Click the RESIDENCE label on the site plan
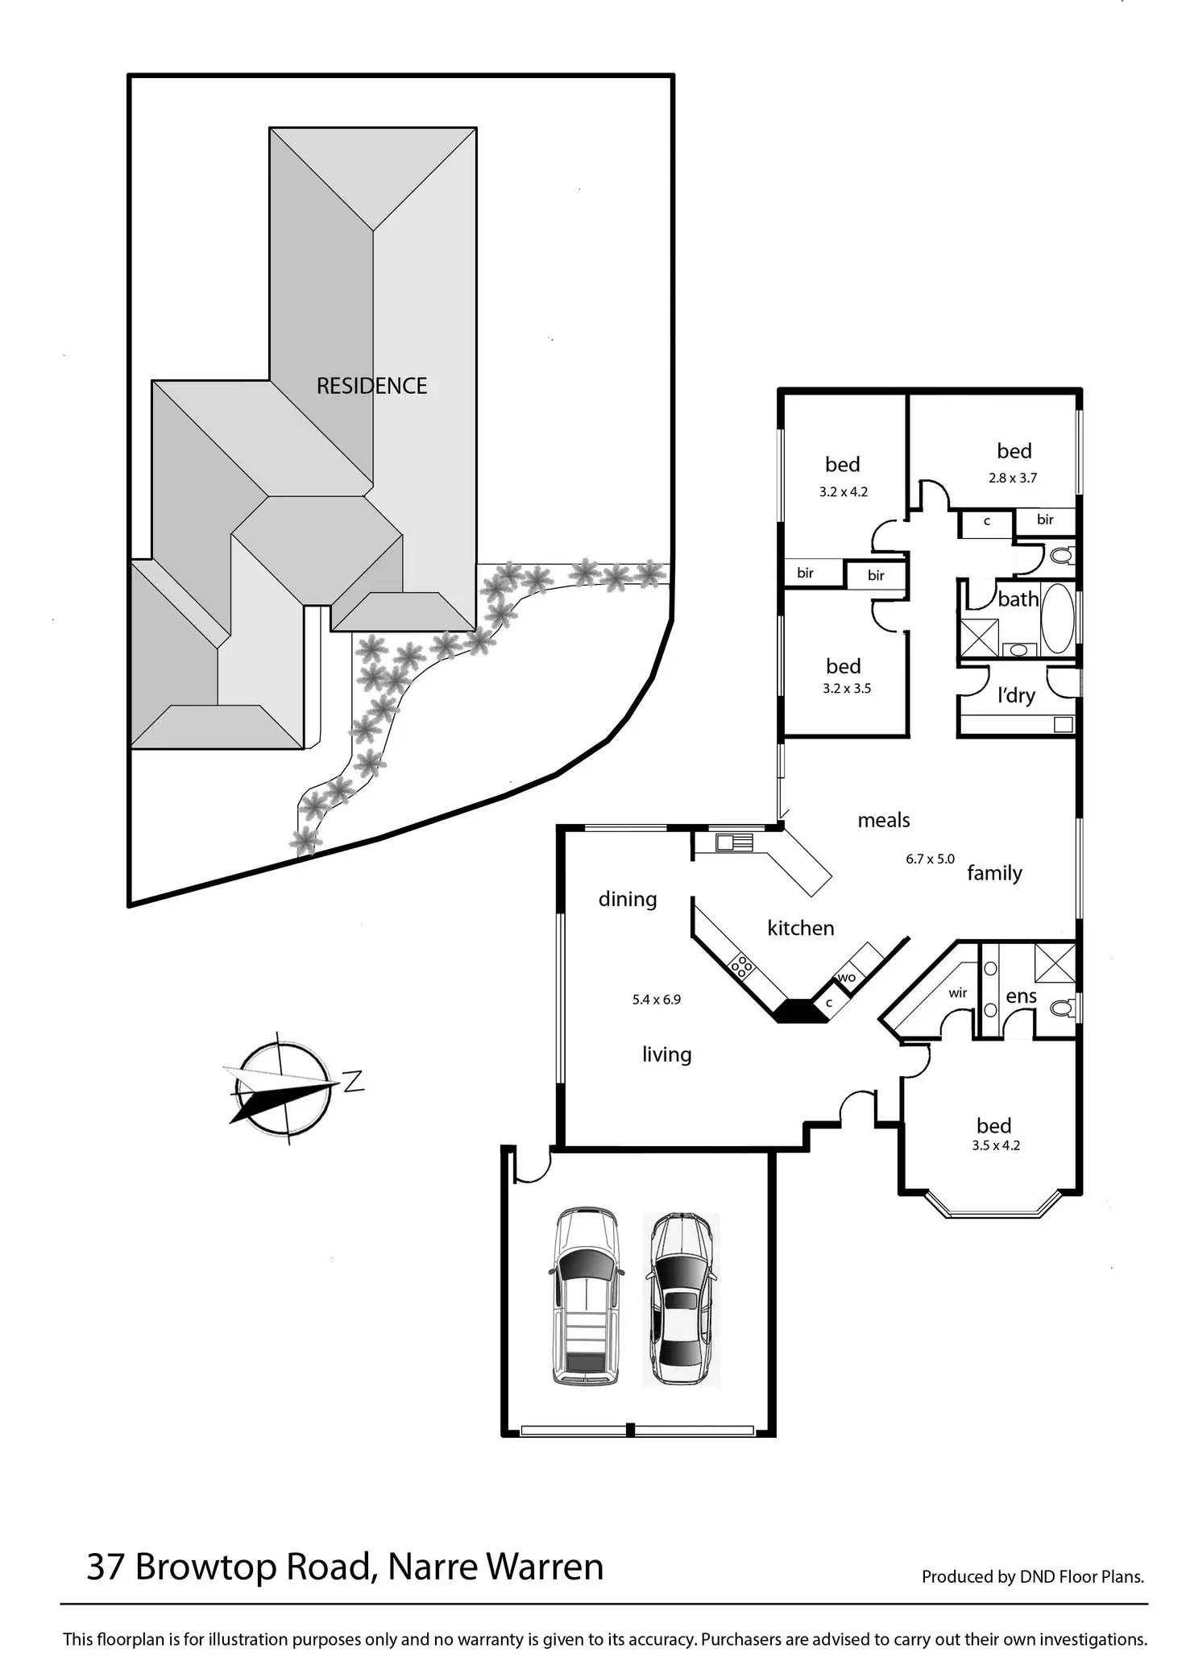tap(371, 386)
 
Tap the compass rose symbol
tap(283, 1087)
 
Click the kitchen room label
tap(800, 928)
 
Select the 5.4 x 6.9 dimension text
tap(657, 1000)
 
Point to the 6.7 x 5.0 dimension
tap(930, 859)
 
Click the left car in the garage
tap(585, 1296)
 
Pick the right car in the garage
tap(680, 1298)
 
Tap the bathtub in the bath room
tap(1058, 619)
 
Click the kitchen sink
tap(734, 843)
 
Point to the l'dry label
tap(1015, 694)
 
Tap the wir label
tap(957, 993)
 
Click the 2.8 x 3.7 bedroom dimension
tap(1013, 478)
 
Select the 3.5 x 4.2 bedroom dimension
tap(996, 1145)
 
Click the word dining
tap(628, 900)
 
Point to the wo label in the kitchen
tap(846, 978)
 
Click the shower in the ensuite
tap(1055, 963)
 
